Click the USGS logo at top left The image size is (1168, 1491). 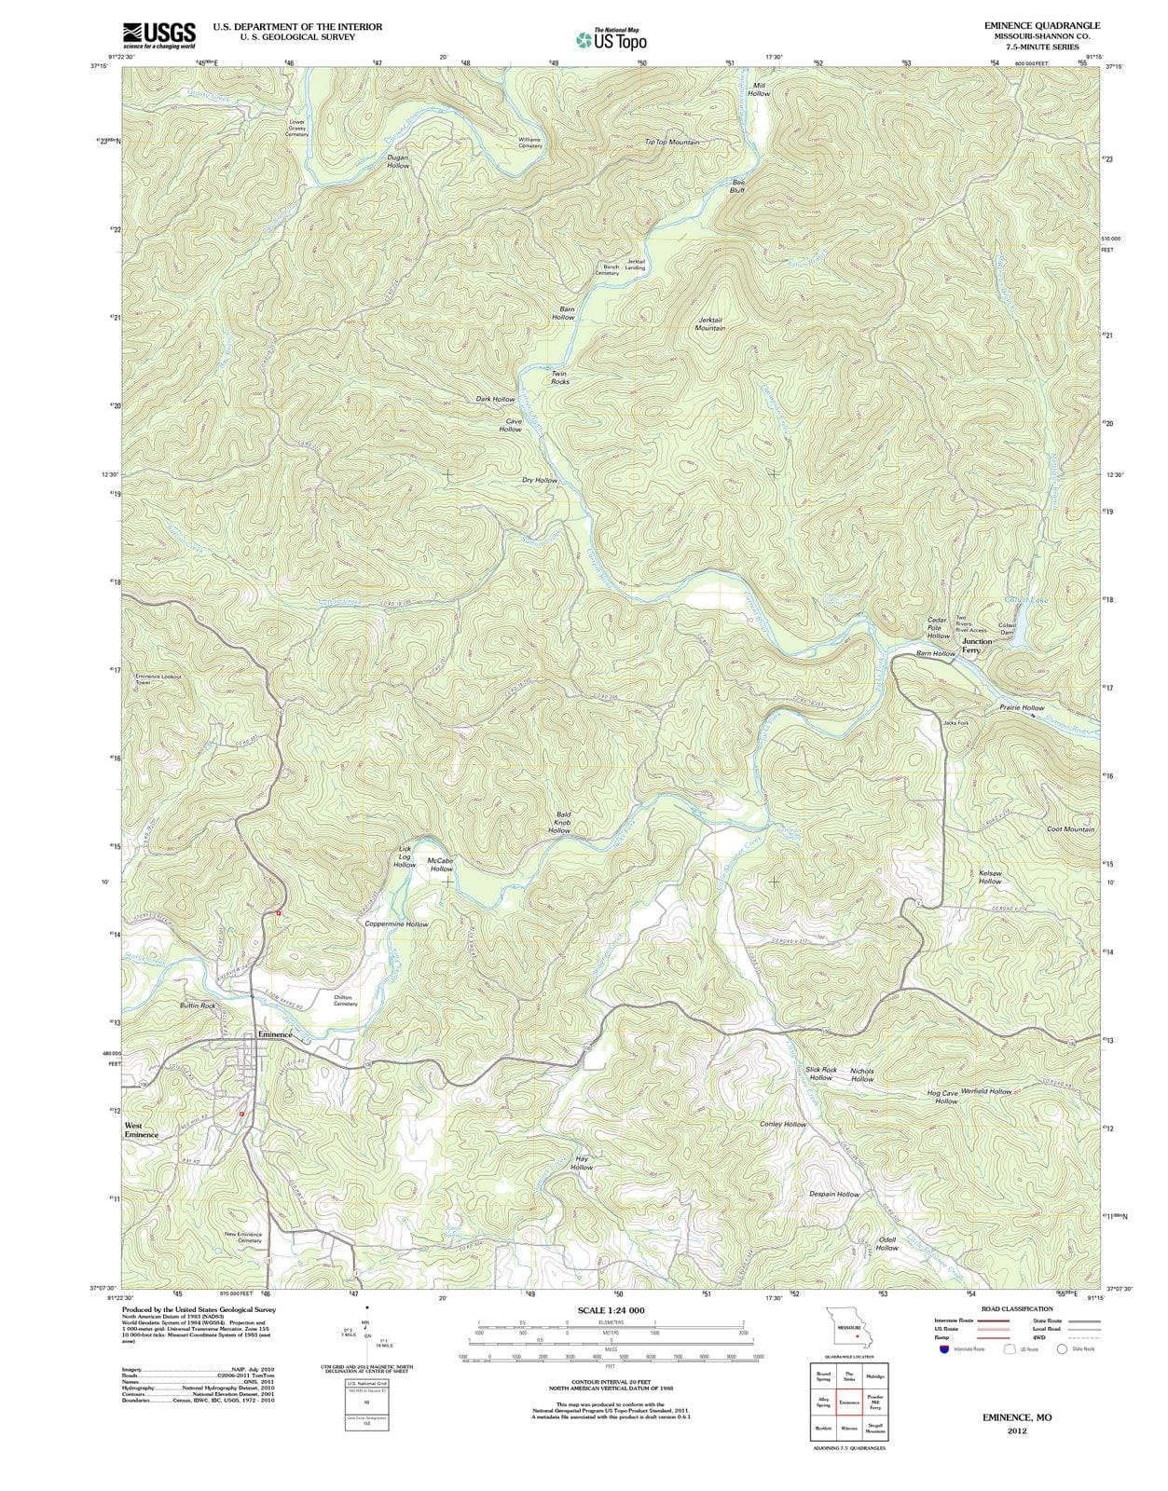point(158,34)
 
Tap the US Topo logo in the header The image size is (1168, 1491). point(611,39)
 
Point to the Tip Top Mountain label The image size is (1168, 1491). point(671,143)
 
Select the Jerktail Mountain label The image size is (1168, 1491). point(710,323)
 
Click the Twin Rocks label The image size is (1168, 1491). point(559,377)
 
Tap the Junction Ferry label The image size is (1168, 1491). point(977,646)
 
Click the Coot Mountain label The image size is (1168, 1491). point(1070,829)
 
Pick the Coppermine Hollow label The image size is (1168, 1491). point(396,924)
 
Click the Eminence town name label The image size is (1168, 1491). point(268,1034)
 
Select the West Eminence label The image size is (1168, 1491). point(142,1129)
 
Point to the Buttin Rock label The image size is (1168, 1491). point(198,1006)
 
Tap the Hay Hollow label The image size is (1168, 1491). point(582,1163)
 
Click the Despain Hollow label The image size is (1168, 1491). point(834,1194)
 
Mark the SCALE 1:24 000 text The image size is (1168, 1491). point(611,1310)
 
